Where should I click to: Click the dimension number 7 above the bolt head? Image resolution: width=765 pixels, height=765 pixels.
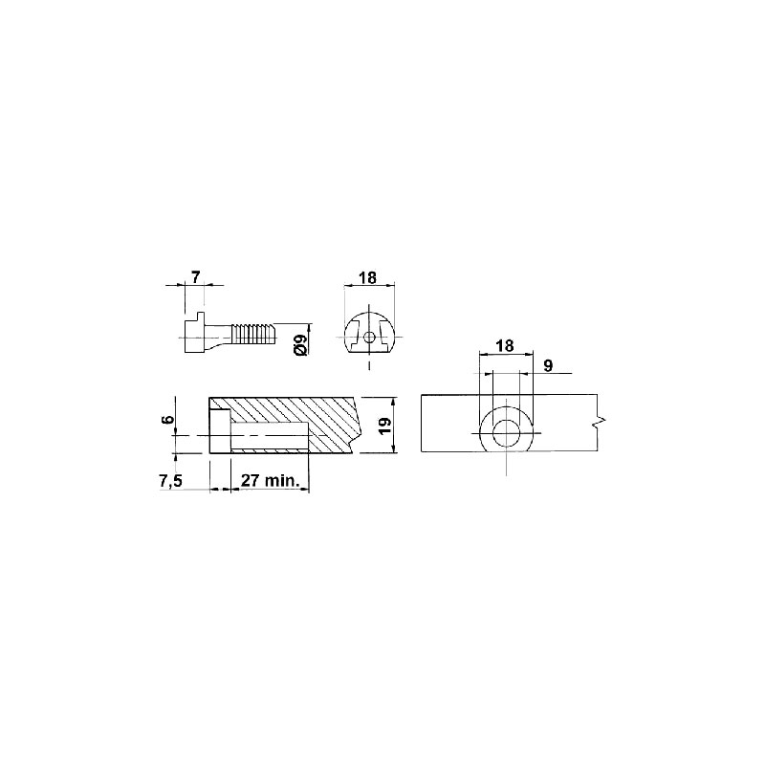(x=195, y=277)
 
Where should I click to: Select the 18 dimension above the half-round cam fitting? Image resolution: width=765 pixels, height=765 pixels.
(x=368, y=277)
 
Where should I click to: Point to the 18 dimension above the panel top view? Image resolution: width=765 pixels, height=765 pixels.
(x=505, y=345)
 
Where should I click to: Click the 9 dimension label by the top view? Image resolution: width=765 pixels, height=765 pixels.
(x=548, y=366)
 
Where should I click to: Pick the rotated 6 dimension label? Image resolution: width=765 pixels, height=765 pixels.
(x=167, y=420)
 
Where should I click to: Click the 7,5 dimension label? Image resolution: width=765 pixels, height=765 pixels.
(x=171, y=481)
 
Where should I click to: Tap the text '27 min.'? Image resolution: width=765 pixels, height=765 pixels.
(x=271, y=481)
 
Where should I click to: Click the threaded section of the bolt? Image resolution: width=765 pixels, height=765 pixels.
(x=253, y=333)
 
